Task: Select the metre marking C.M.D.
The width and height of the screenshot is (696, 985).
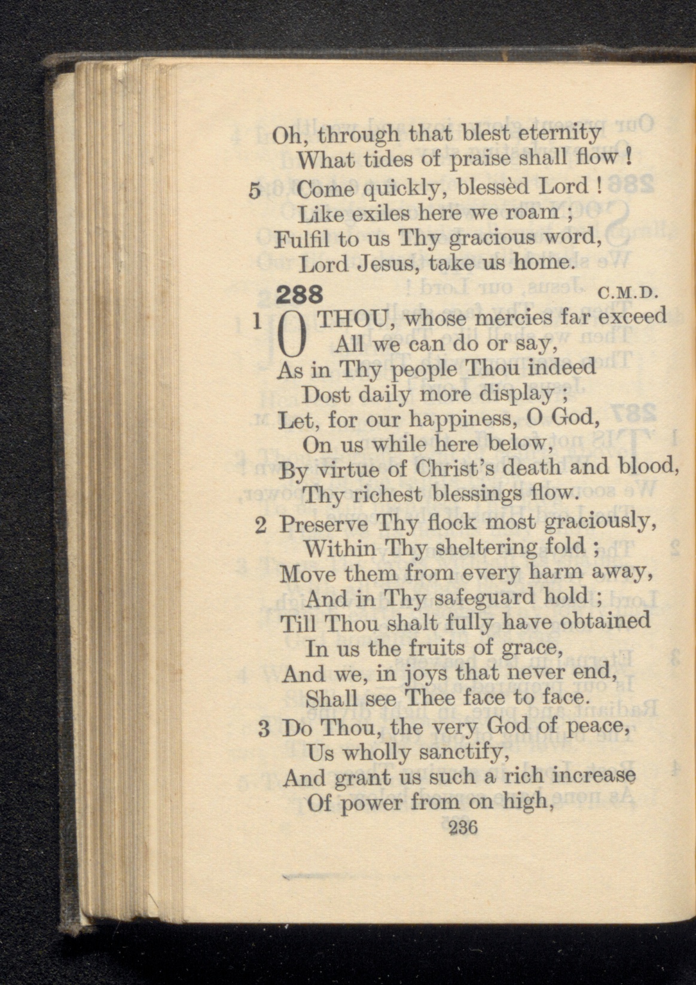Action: (x=627, y=294)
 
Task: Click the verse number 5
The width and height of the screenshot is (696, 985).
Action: (x=255, y=191)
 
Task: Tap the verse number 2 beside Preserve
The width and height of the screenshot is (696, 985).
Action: (x=260, y=525)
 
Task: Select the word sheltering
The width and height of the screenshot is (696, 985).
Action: (x=476, y=547)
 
